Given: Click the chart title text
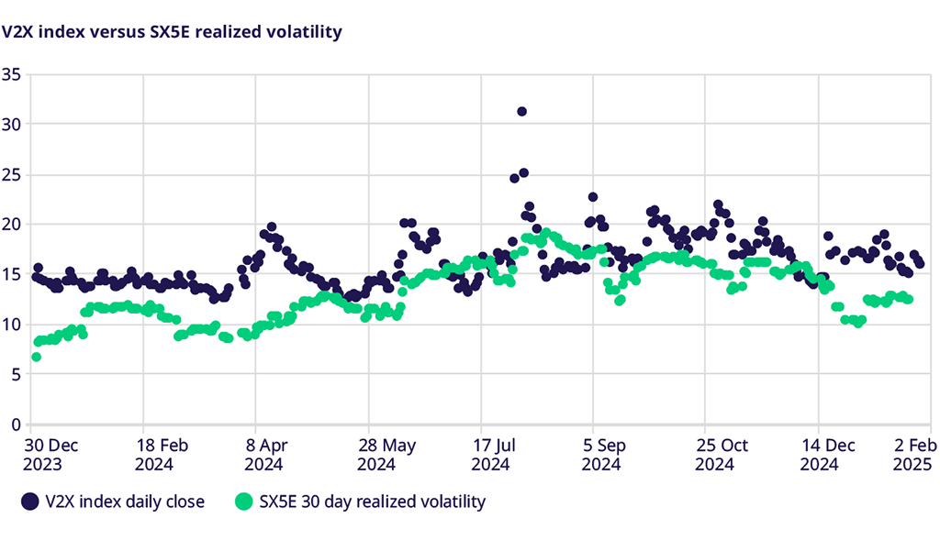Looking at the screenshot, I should tap(172, 32).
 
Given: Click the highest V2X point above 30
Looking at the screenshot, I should tap(521, 112).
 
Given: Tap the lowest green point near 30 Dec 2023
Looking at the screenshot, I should tap(36, 357).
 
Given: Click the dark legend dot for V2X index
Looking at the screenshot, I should tap(31, 501).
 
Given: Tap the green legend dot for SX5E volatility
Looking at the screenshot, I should tap(243, 501).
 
